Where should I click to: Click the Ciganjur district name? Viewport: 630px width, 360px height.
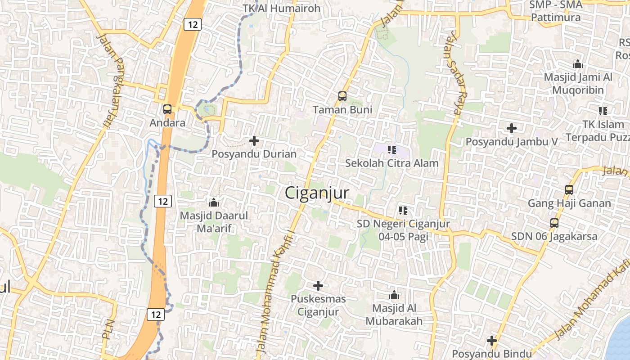(x=317, y=193)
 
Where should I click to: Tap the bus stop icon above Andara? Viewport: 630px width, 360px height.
(x=167, y=109)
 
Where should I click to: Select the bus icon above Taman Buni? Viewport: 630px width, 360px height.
(x=342, y=96)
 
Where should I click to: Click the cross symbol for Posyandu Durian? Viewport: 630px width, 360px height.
(x=254, y=141)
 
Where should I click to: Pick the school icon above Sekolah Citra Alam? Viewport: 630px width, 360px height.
(x=391, y=149)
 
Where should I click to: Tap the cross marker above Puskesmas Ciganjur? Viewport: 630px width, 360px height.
(x=318, y=285)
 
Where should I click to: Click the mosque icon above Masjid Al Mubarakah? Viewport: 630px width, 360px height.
(x=394, y=295)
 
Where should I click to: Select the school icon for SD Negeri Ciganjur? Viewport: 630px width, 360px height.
(x=403, y=210)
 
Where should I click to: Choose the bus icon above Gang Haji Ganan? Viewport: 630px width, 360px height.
(x=569, y=189)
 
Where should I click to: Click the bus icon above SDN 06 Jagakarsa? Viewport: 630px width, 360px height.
(x=554, y=223)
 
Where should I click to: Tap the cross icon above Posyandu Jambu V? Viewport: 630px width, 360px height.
(x=512, y=128)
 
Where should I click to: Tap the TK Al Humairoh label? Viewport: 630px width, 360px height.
(x=282, y=8)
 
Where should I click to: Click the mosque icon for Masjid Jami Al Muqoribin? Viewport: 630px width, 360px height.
(x=578, y=64)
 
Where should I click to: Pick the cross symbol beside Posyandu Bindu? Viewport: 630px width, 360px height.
(x=492, y=341)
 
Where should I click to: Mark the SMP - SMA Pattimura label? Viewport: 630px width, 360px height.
(x=556, y=11)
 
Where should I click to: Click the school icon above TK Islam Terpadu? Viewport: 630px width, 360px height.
(x=603, y=111)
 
